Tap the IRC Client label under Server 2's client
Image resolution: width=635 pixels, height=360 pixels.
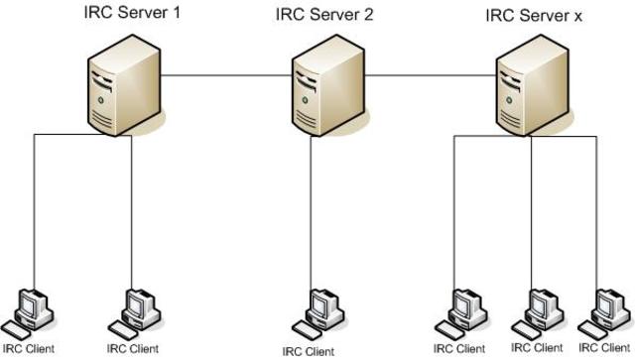point(308,350)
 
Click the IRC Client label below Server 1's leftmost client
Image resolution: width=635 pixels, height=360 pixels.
point(28,348)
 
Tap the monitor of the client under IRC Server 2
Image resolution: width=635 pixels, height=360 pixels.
point(319,301)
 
